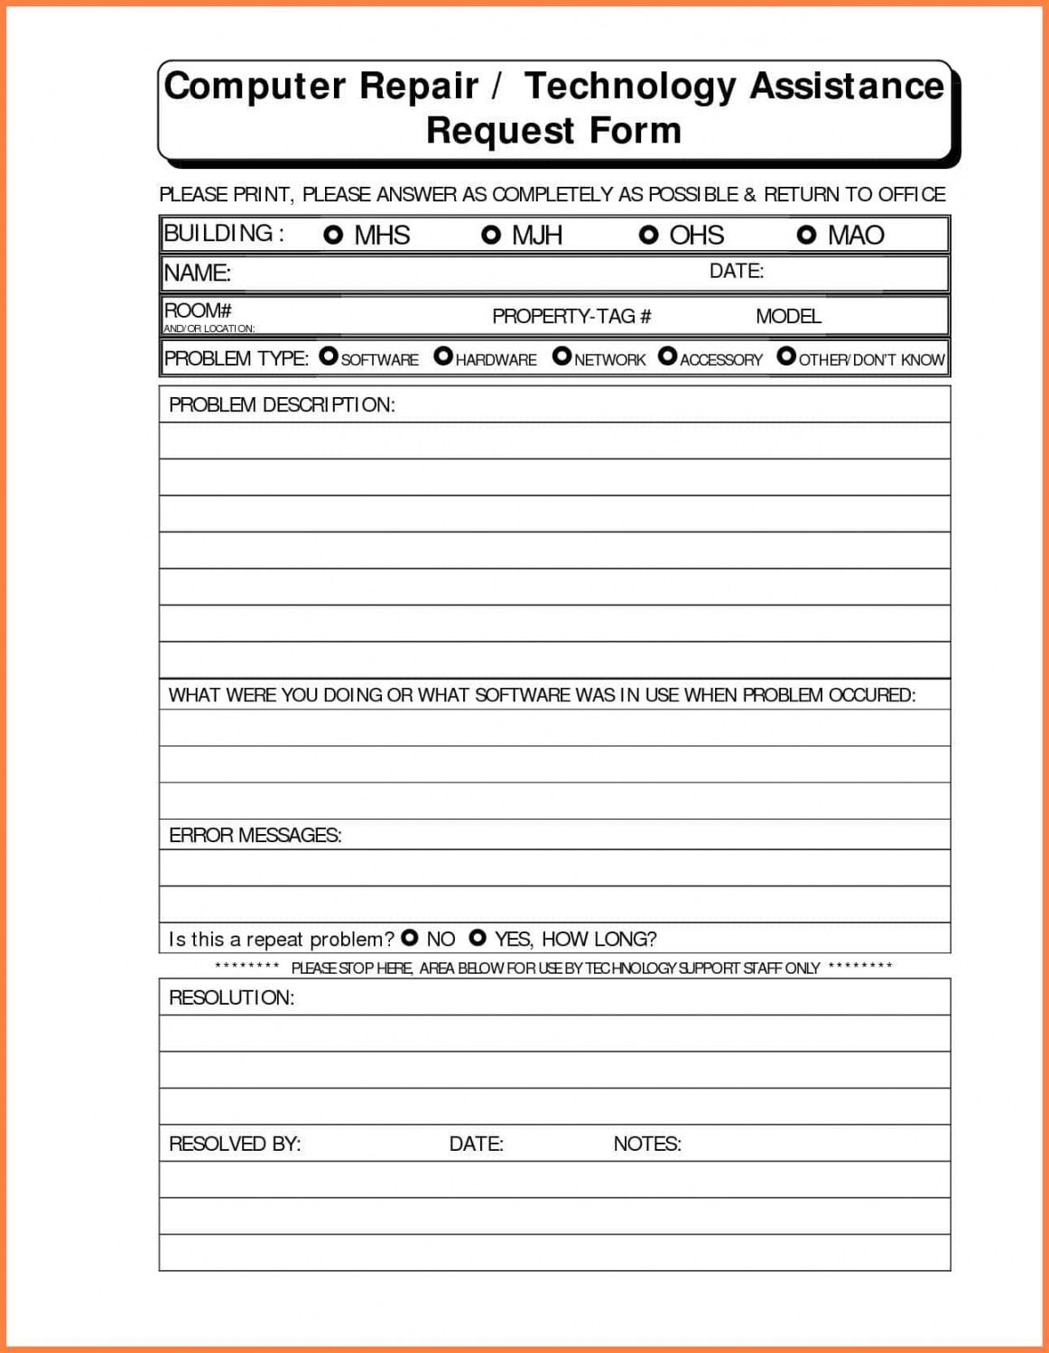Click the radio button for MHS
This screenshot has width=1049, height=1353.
click(x=333, y=235)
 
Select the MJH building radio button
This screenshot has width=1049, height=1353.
click(x=491, y=235)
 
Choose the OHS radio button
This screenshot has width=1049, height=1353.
click(x=648, y=235)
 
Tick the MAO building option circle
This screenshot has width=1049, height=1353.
click(x=806, y=235)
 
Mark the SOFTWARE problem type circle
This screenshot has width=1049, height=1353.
click(x=329, y=357)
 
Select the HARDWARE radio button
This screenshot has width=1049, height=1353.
click(x=443, y=357)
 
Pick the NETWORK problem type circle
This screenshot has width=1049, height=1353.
click(x=562, y=357)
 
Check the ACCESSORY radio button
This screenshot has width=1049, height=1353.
click(x=667, y=357)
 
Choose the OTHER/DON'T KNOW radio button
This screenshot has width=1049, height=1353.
click(x=786, y=357)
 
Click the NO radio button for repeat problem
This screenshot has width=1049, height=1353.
click(x=410, y=938)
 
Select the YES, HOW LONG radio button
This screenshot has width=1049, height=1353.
click(x=478, y=938)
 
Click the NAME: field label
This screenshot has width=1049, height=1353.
click(x=197, y=273)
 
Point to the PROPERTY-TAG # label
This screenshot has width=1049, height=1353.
click(x=571, y=316)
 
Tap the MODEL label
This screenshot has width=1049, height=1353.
click(x=788, y=316)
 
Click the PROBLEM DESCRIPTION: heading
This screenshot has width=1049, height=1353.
click(x=282, y=404)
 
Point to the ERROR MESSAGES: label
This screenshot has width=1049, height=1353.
click(x=255, y=835)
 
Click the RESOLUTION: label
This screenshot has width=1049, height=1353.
click(x=231, y=997)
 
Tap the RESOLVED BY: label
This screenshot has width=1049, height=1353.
click(x=235, y=1144)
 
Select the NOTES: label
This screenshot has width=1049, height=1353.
click(x=647, y=1144)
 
